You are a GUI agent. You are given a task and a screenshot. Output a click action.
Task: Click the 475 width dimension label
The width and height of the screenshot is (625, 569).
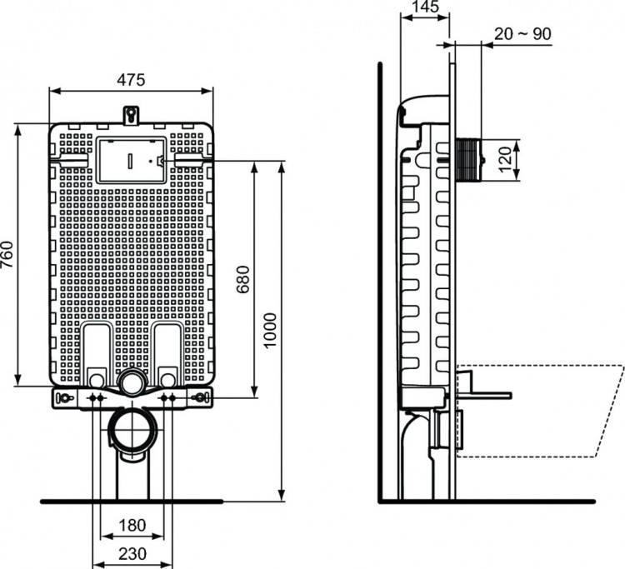pyautogui.click(x=131, y=80)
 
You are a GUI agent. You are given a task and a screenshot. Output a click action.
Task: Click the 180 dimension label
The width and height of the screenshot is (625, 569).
pyautogui.click(x=131, y=526)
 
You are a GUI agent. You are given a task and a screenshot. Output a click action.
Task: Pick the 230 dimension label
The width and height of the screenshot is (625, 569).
pyautogui.click(x=131, y=554)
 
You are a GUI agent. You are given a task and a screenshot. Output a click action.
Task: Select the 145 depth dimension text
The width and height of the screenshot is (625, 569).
pyautogui.click(x=425, y=7)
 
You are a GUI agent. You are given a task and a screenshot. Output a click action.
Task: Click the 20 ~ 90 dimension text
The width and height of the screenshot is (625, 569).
pyautogui.click(x=522, y=33)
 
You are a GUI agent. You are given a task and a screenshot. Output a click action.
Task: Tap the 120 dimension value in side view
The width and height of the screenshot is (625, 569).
pyautogui.click(x=505, y=157)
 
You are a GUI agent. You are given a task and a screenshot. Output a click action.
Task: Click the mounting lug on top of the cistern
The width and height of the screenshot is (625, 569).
pyautogui.click(x=131, y=112)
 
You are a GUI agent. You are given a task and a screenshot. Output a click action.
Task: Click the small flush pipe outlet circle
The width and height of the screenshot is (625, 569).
pyautogui.click(x=132, y=384)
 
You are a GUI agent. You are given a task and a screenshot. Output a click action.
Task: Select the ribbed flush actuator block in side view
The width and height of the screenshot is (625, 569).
pyautogui.click(x=469, y=158)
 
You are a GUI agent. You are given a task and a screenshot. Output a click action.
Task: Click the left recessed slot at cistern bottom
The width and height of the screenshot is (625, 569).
pyautogui.click(x=97, y=353)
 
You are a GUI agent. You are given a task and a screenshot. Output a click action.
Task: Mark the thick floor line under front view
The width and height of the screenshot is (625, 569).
pyautogui.click(x=131, y=501)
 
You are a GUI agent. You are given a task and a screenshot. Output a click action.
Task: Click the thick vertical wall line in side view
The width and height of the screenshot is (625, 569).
pyautogui.click(x=380, y=283)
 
